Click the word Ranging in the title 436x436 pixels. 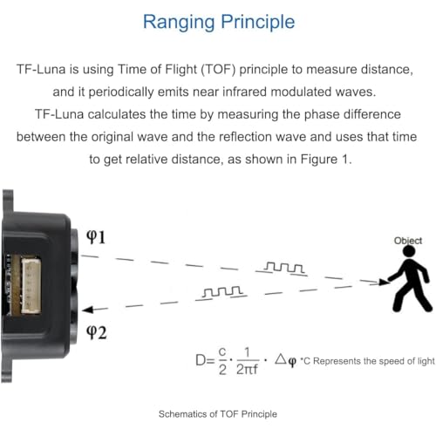pos(179,23)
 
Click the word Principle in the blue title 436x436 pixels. pos(258,23)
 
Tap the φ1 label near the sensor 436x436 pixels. pos(96,237)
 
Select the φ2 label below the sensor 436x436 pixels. pos(97,332)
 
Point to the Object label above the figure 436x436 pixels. pos(408,241)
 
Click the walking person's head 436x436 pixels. pos(409,251)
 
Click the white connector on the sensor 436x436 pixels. pos(31,287)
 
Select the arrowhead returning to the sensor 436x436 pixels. pos(88,310)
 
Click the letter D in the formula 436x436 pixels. pos(201,360)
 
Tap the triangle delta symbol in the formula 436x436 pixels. pos(281,358)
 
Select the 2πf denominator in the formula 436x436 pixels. pos(247,370)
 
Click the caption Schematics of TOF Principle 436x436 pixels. pos(218,414)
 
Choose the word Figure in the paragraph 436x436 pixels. pos(318,160)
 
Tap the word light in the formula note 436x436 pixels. pos(426,361)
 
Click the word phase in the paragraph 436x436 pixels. pos(322,114)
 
